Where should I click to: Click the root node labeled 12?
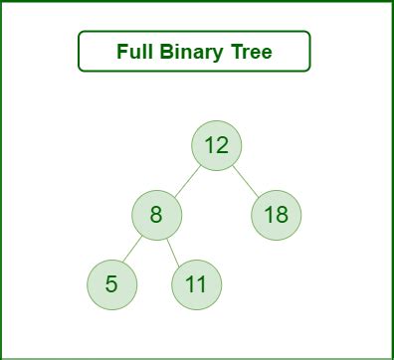pos(216,145)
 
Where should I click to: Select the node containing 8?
pos(156,214)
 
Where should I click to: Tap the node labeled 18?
pos(276,214)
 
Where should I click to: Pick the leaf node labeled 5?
pos(111,284)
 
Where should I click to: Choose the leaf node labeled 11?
pos(196,284)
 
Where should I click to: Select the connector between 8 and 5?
pos(134,249)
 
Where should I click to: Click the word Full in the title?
pos(133,52)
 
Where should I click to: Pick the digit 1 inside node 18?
pos(269,214)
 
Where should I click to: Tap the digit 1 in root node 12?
pos(209,145)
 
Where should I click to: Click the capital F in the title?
pos(121,52)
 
